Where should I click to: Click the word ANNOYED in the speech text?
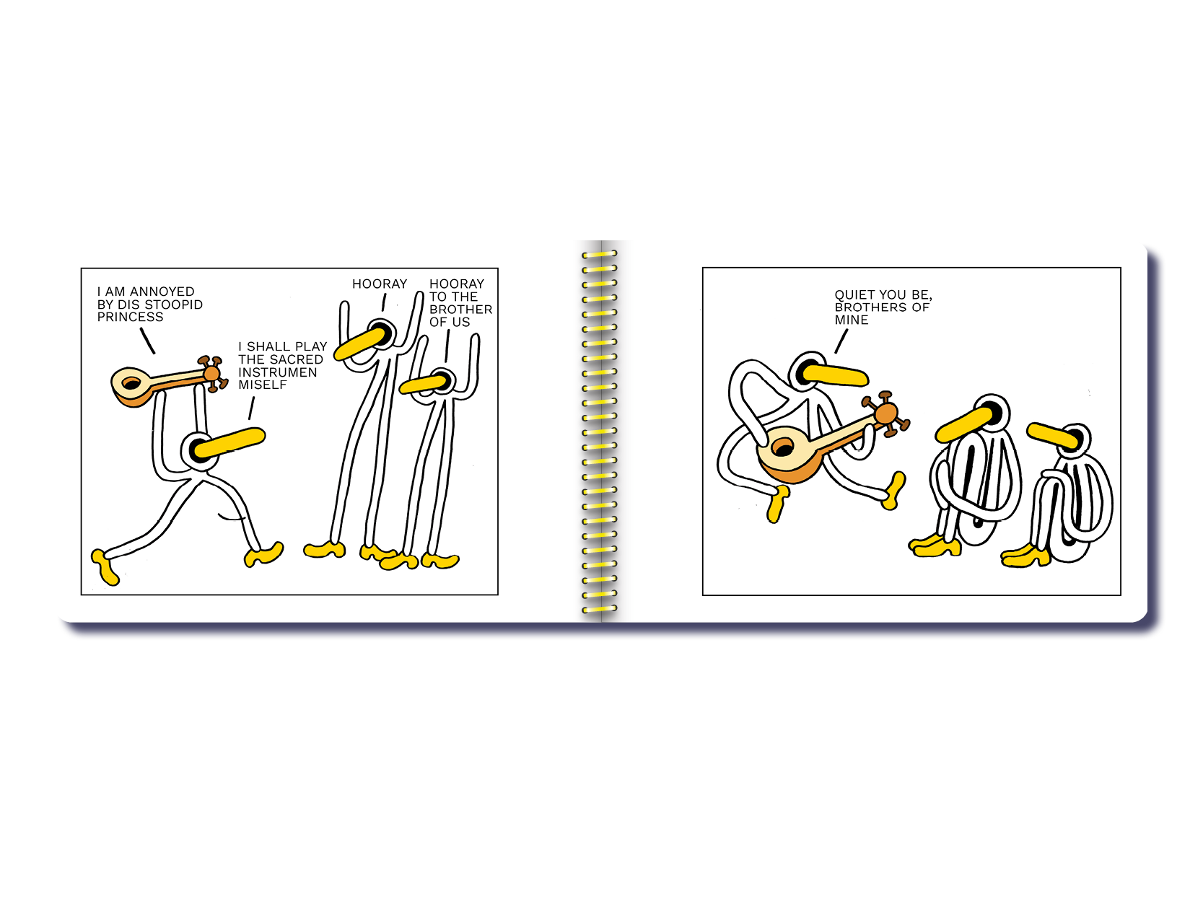(162, 292)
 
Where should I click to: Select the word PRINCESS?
(130, 318)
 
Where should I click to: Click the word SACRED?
(296, 359)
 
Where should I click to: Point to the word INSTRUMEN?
(277, 372)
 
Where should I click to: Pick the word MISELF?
(262, 385)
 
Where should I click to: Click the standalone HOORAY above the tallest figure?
(380, 284)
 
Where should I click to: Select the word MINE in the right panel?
(851, 320)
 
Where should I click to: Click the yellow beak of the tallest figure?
(359, 343)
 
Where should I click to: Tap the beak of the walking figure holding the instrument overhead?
(230, 443)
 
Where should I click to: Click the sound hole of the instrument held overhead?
(131, 383)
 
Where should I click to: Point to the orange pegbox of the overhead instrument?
(211, 374)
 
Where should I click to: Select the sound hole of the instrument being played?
(782, 448)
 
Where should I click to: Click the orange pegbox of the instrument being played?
(885, 413)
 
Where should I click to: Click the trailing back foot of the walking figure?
(105, 566)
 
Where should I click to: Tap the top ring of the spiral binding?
(599, 254)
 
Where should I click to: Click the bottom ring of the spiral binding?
(599, 609)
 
